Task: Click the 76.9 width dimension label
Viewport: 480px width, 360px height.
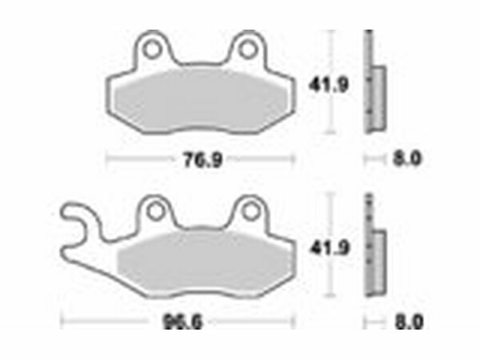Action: click(202, 160)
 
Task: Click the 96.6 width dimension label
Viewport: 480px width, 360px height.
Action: click(182, 322)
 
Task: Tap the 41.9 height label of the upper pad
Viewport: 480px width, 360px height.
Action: click(329, 85)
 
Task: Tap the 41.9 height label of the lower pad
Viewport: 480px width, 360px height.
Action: click(330, 248)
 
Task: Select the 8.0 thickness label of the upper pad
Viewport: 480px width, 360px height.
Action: click(407, 158)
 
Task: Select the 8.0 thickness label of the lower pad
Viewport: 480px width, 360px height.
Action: click(410, 322)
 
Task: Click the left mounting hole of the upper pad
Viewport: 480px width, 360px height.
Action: click(152, 50)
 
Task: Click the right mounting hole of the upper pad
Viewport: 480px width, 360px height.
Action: click(247, 50)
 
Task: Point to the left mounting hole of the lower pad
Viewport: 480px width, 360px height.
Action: click(155, 211)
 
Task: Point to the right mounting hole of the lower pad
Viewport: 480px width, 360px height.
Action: click(251, 211)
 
